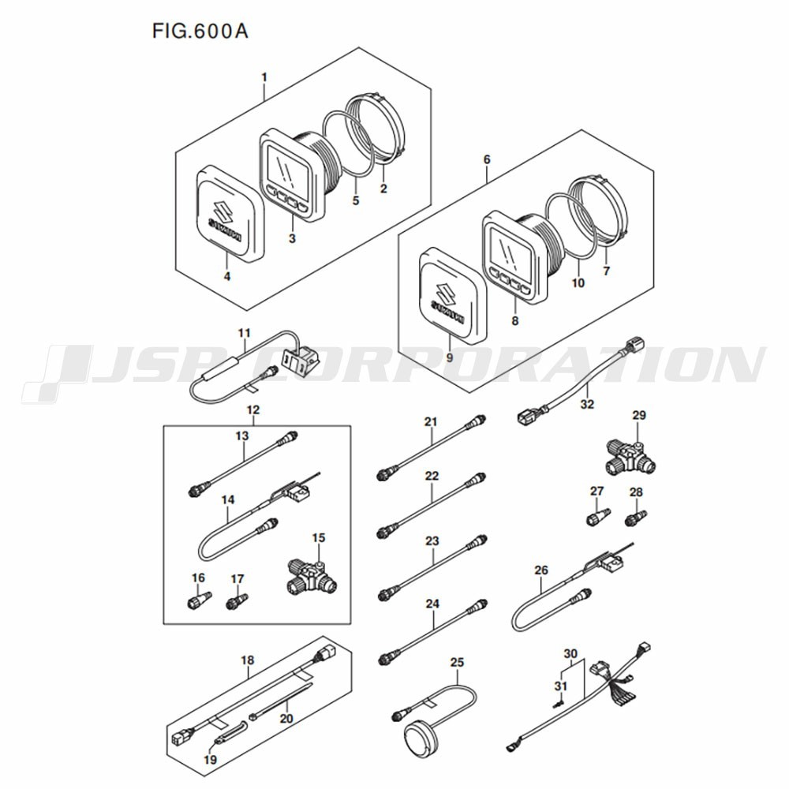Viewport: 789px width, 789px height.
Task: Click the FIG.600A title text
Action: (200, 32)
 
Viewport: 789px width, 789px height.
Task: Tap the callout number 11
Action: (244, 333)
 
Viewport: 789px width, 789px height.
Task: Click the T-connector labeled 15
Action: (311, 576)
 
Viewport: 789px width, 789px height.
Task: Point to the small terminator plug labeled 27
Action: (598, 517)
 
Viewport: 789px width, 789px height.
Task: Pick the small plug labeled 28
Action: (635, 518)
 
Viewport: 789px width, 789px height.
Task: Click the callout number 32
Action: (587, 404)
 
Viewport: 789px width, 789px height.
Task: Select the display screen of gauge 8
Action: (510, 250)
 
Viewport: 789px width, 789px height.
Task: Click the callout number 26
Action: (541, 570)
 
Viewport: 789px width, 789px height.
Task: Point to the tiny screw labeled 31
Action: (558, 705)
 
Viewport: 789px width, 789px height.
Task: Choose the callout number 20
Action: (286, 718)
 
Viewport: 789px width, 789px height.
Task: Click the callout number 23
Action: (432, 541)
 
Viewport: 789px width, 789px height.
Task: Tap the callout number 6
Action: (487, 159)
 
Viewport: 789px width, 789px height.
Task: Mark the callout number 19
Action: (210, 760)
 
